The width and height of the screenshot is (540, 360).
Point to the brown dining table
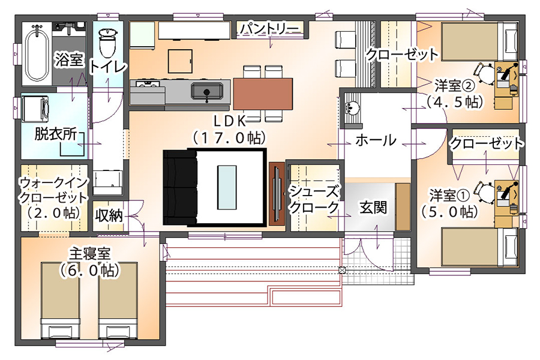(263, 93)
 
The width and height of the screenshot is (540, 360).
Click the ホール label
(376, 140)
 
